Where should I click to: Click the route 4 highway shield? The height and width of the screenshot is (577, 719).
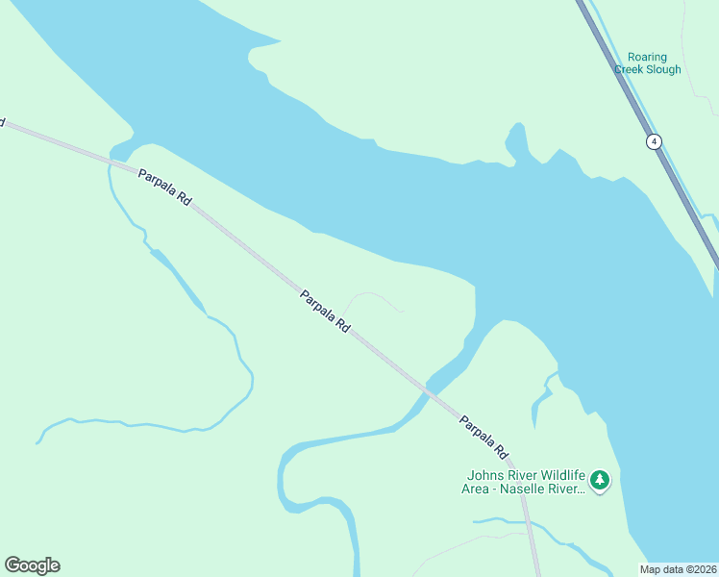[654, 141]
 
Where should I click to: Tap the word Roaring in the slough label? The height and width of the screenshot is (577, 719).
[648, 57]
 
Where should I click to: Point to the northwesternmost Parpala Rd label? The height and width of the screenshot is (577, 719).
[164, 188]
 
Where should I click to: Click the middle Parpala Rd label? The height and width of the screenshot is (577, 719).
[325, 312]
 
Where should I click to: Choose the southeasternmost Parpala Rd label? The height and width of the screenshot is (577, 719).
[483, 436]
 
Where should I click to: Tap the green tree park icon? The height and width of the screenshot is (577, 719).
[600, 479]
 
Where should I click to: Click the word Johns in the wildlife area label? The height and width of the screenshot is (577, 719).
[484, 475]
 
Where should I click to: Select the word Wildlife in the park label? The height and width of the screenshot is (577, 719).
[560, 475]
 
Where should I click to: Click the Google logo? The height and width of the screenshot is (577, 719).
[32, 565]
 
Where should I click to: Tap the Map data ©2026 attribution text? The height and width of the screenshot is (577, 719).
[678, 569]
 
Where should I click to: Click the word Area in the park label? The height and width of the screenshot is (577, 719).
[478, 489]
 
